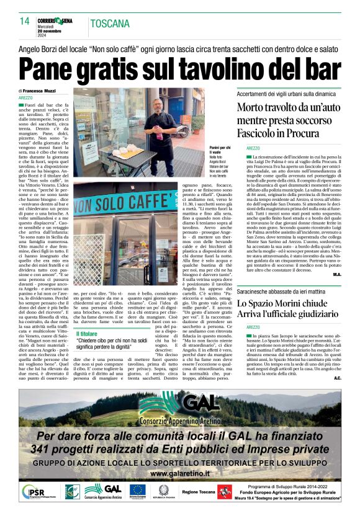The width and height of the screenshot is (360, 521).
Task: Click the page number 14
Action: [x=25, y=20]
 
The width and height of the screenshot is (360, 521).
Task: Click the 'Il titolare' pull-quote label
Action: [x=86, y=334]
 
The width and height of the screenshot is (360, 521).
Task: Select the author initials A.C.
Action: [x=337, y=360]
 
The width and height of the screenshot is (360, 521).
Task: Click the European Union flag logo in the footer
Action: [x=137, y=492]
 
